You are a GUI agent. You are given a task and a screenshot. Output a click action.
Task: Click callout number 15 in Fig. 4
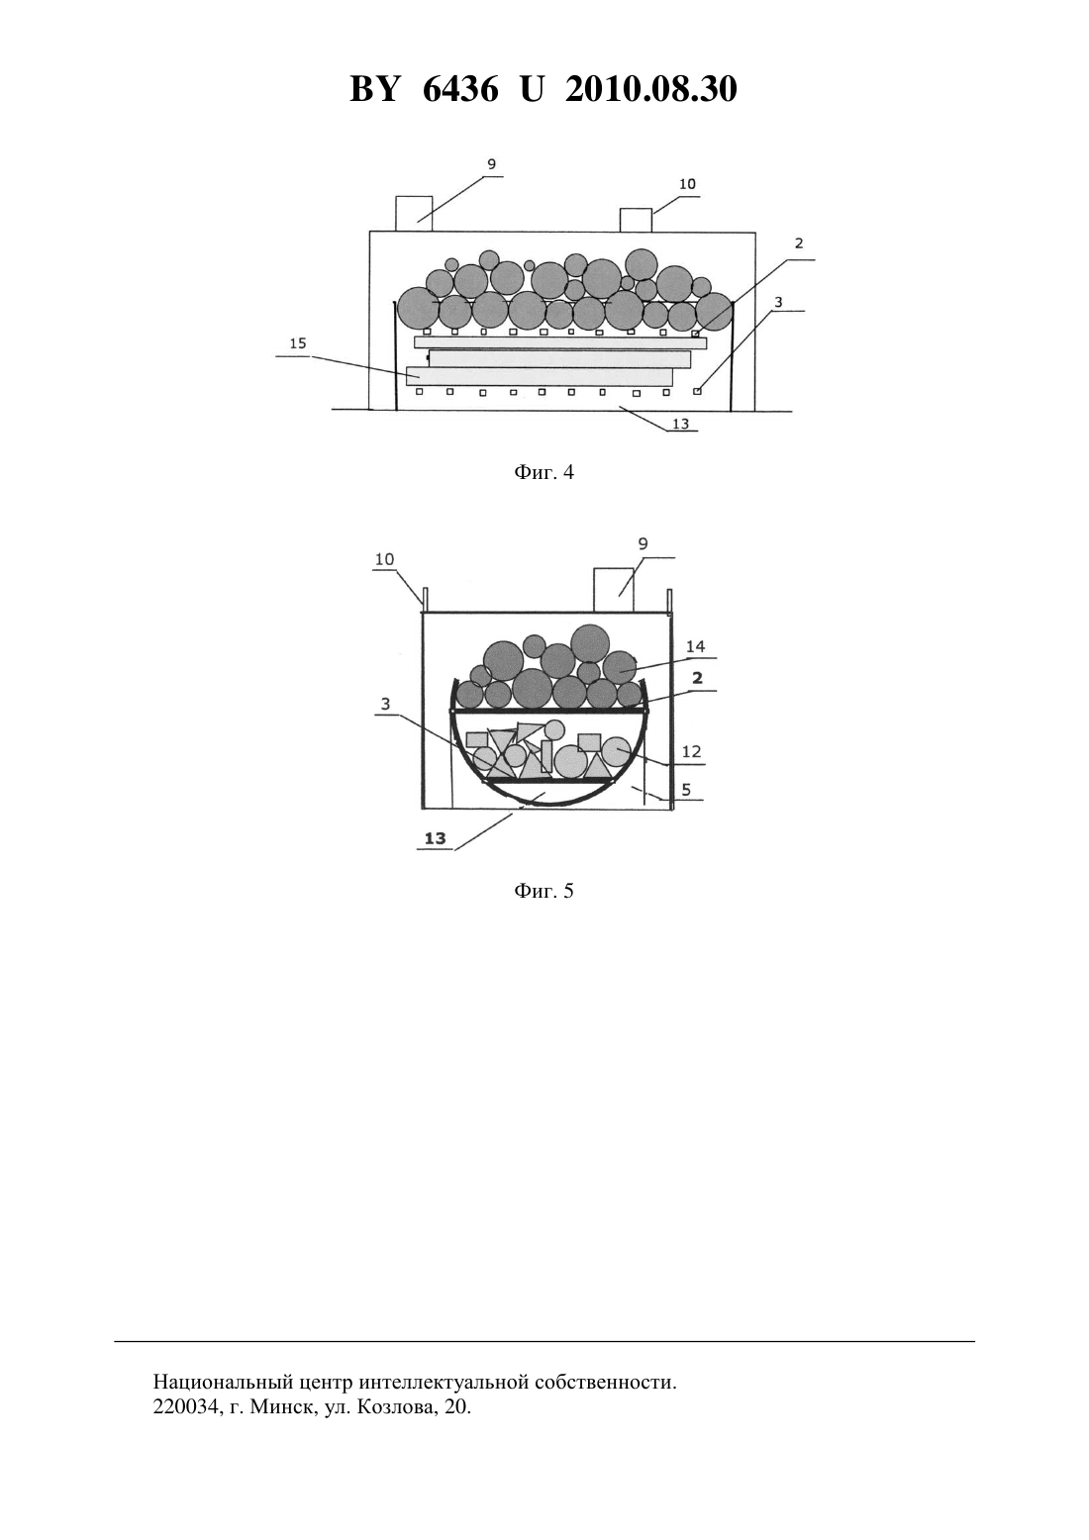point(298,343)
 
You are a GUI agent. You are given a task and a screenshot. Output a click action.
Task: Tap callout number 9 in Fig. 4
point(492,164)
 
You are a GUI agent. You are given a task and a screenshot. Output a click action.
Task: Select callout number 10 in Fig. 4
point(687,184)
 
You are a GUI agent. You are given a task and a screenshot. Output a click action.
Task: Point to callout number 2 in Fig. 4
point(799,243)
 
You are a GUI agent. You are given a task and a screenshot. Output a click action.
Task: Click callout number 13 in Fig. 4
point(680,424)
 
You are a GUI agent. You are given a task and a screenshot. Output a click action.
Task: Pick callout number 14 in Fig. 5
point(695,646)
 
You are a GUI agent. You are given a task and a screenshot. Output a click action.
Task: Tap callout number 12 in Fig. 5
point(691,751)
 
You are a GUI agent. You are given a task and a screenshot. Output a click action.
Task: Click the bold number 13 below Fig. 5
point(436,838)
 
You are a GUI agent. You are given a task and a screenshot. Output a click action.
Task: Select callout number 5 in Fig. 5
point(685,790)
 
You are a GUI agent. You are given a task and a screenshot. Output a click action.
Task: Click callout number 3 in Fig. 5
point(386,704)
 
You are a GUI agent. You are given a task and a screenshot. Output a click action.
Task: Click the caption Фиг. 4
point(544,472)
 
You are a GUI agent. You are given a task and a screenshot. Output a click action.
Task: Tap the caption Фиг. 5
point(544,891)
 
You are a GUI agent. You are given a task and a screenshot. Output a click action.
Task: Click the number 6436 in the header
point(460,89)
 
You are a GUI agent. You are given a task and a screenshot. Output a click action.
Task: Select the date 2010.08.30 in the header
point(651,89)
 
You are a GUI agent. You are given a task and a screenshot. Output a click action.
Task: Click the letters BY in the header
point(374,89)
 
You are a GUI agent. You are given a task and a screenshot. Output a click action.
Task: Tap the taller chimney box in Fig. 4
point(414,213)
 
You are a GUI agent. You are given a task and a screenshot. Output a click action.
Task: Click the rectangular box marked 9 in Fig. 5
point(613,589)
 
